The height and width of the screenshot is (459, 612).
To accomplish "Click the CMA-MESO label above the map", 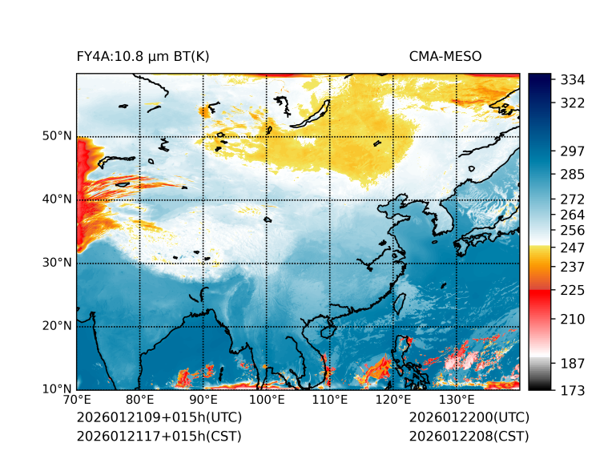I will pos(445,56).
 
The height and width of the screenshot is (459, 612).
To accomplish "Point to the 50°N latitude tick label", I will pos(56,135).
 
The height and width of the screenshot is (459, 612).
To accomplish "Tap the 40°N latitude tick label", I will pos(56,199).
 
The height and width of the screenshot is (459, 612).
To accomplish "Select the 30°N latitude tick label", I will pos(56,263).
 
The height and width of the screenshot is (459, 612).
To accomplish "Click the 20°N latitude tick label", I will pos(56,326).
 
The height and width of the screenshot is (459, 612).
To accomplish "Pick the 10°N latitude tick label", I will pos(56,389).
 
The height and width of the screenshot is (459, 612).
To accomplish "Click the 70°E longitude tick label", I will pos(77,400).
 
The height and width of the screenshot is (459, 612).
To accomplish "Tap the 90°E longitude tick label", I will pos(203,400).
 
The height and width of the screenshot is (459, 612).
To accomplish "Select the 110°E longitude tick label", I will pos(330,400).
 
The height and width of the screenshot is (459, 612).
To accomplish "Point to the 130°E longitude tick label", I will pos(457,400).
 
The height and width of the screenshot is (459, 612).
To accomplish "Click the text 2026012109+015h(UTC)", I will pos(159,417).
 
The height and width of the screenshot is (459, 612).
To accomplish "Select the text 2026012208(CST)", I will pos(469,436).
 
